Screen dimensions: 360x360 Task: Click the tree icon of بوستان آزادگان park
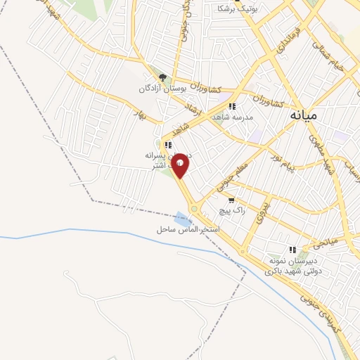click(x=162, y=78)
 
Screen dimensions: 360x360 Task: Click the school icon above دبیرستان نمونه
click(x=292, y=249)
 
